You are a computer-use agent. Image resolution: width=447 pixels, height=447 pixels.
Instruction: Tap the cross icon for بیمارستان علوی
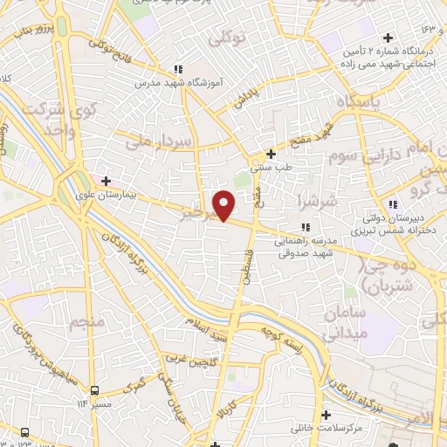click(x=107, y=182)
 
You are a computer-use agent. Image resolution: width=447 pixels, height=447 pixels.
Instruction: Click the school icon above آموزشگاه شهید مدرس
click(x=178, y=69)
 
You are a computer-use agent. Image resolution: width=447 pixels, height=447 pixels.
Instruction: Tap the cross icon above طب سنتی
click(x=272, y=154)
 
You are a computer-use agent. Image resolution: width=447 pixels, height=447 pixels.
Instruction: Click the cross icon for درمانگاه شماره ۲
click(x=388, y=38)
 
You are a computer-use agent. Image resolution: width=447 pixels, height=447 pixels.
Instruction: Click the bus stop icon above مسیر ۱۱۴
click(x=96, y=390)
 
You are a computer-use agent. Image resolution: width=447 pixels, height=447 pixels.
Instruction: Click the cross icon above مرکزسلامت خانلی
click(x=327, y=415)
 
